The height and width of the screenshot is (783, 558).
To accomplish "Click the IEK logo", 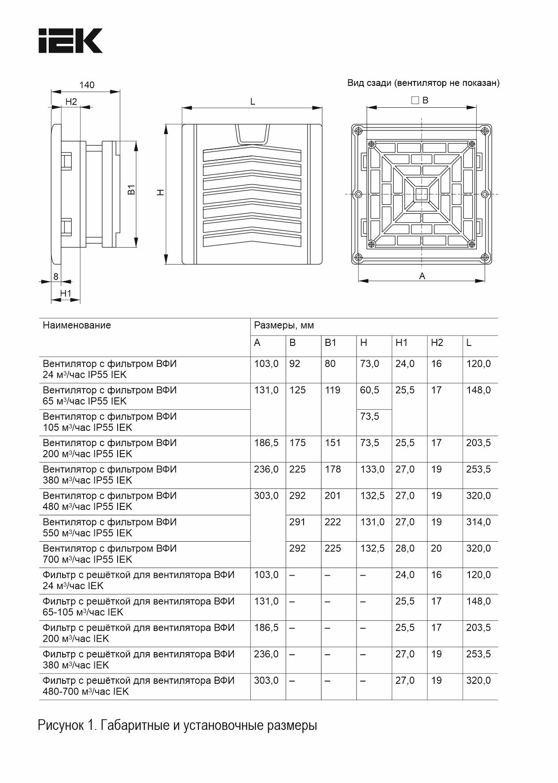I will click(70, 41).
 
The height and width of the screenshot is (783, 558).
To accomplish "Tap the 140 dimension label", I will click(87, 85).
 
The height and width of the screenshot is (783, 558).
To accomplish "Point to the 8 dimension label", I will click(56, 277).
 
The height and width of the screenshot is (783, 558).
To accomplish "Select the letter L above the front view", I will click(253, 102).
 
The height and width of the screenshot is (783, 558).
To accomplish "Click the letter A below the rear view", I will click(422, 276).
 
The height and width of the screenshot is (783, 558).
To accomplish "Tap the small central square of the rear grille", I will click(421, 194).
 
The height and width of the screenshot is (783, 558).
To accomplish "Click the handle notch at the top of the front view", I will click(253, 134).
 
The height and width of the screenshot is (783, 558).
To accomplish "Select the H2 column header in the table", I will click(437, 343).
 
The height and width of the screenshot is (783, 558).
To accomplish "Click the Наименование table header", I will click(77, 325).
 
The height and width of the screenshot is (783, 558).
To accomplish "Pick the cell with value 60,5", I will click(370, 390).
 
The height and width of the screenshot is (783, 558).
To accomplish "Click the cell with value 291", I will click(297, 522).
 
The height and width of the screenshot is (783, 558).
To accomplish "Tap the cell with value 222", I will click(333, 522).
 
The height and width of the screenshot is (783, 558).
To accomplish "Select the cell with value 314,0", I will click(478, 522).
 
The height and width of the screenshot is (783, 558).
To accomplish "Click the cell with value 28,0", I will click(405, 548).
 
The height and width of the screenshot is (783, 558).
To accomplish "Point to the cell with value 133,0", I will click(372, 469).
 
